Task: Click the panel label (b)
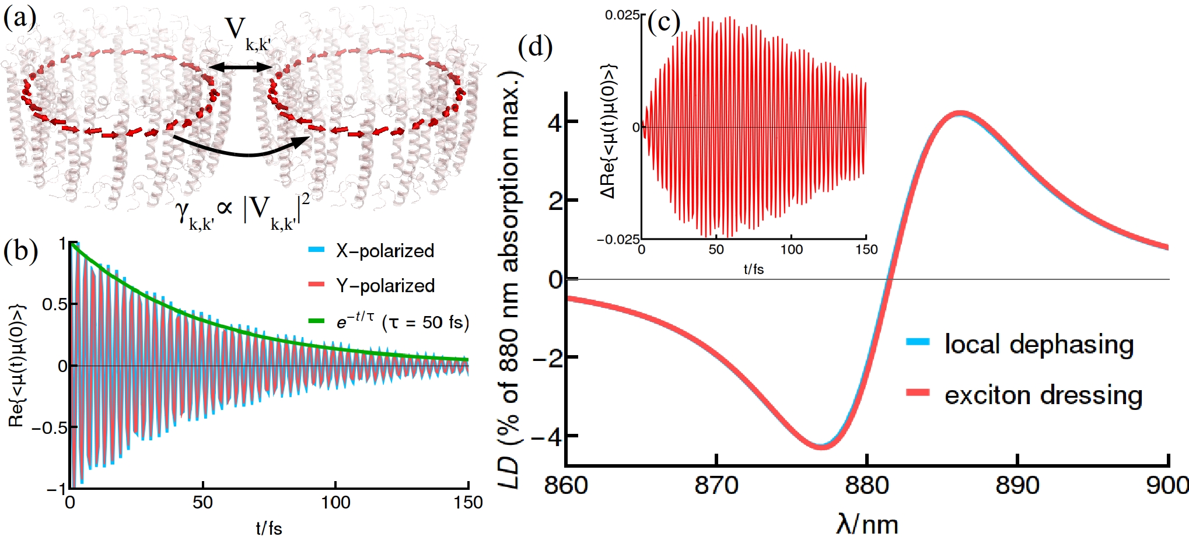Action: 20,251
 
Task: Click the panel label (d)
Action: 535,46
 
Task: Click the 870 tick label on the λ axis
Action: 716,485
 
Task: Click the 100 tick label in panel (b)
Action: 335,503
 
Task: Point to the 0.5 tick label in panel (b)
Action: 54,304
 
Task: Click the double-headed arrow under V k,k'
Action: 240,68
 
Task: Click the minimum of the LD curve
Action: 821,446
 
